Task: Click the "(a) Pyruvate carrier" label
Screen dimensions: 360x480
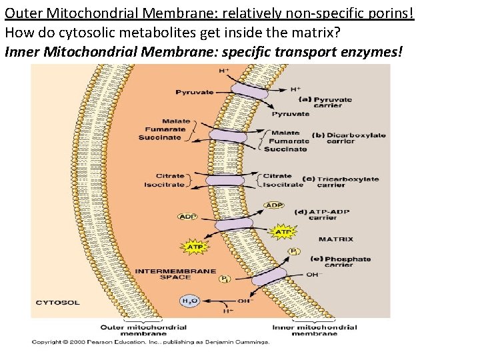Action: pyautogui.click(x=325, y=102)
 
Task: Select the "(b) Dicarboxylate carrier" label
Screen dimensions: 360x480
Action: pyautogui.click(x=348, y=138)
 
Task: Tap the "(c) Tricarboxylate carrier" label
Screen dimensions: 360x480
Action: pyautogui.click(x=340, y=181)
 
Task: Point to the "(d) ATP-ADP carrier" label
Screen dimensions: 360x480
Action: pyautogui.click(x=322, y=215)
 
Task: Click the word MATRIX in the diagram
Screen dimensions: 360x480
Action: pyautogui.click(x=335, y=239)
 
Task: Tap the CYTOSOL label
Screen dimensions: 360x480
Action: pyautogui.click(x=57, y=303)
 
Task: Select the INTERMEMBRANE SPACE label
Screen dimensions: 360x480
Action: pyautogui.click(x=175, y=274)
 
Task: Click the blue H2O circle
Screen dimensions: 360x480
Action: pyautogui.click(x=189, y=301)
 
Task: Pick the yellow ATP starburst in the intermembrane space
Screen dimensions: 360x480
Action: pyautogui.click(x=194, y=247)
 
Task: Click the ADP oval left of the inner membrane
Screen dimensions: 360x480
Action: pyautogui.click(x=187, y=216)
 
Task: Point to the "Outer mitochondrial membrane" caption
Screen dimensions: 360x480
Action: pyautogui.click(x=143, y=330)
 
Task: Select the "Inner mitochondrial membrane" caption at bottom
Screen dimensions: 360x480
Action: pyautogui.click(x=315, y=330)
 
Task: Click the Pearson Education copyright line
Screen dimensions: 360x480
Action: pyautogui.click(x=150, y=343)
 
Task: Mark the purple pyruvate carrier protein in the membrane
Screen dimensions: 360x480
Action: pyautogui.click(x=250, y=93)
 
